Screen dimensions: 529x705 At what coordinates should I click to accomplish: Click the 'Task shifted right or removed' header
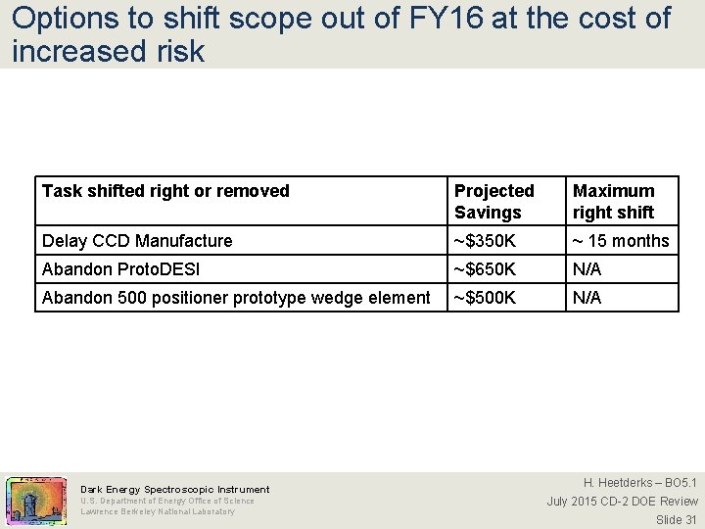165,191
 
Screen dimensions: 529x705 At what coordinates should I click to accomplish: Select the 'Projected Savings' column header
494,202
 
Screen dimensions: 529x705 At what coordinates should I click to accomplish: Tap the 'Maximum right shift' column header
614,202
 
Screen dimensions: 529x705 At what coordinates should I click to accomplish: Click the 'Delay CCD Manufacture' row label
137,241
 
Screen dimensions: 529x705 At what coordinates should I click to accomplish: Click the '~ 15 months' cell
621,241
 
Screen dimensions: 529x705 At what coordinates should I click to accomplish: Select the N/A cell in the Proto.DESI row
587,269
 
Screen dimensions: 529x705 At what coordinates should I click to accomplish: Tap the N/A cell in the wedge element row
587,298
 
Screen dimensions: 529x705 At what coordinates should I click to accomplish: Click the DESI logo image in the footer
36,500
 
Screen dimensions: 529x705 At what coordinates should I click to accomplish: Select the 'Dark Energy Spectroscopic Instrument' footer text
174,489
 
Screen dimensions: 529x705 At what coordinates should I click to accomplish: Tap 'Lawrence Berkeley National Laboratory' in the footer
157,511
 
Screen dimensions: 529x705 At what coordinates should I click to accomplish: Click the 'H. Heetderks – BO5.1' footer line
640,483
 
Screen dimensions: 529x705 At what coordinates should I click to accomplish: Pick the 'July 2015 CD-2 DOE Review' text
622,502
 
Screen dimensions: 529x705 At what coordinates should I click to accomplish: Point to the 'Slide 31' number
677,520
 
